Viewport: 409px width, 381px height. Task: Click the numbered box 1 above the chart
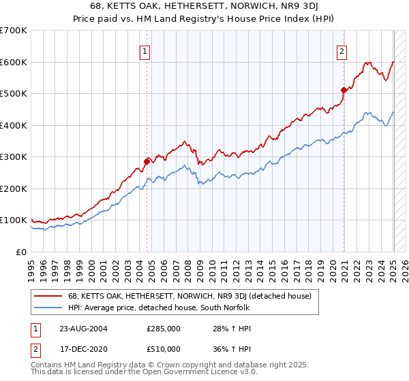tap(146, 50)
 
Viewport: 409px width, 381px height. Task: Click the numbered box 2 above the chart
tap(341, 50)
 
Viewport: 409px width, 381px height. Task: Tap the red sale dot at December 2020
tap(344, 89)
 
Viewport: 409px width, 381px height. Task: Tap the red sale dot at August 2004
tap(147, 161)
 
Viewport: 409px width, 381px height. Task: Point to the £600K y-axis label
tap(14, 62)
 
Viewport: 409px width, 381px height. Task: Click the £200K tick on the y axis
tap(14, 188)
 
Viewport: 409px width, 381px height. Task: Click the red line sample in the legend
tap(48, 296)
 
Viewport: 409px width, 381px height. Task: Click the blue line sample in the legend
tap(48, 308)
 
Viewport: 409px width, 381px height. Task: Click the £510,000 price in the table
tap(164, 349)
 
